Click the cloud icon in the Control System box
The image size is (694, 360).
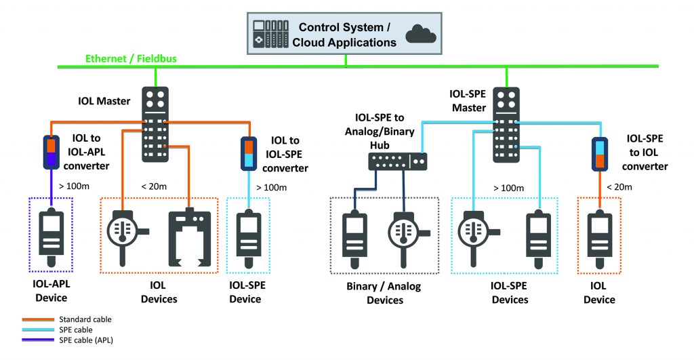(420, 33)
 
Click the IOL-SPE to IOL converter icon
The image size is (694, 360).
(598, 153)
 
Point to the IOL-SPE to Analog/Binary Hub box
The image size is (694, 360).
(397, 161)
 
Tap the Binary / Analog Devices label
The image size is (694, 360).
(384, 293)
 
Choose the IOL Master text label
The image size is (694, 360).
(100, 102)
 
